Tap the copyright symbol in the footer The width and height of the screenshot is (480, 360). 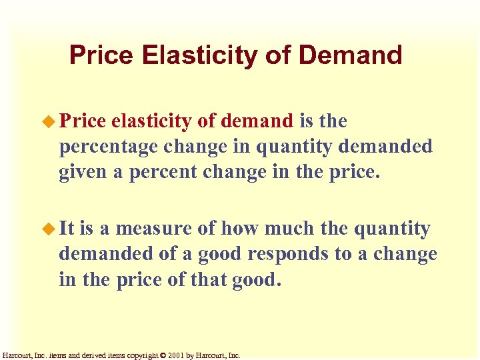163,356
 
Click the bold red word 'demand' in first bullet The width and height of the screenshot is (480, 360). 257,121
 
